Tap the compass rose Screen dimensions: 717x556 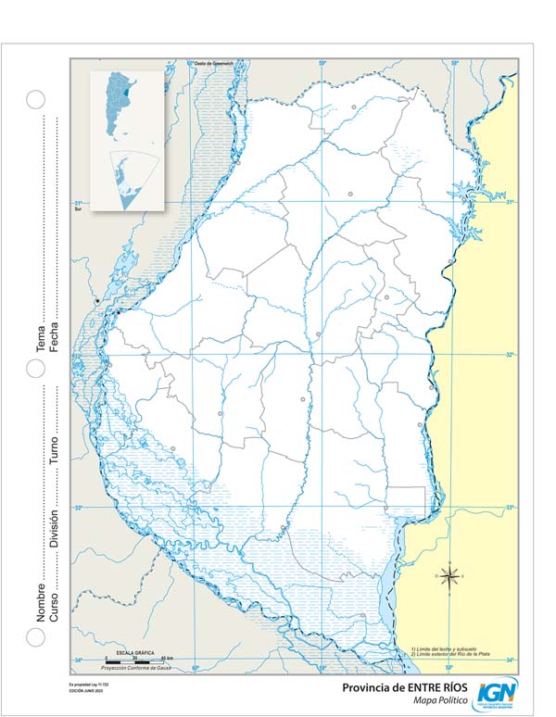tap(449, 577)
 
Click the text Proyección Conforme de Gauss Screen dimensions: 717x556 tap(137, 667)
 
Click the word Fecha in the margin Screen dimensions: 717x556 tap(54, 339)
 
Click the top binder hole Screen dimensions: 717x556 tap(35, 99)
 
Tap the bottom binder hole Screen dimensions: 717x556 tap(35, 636)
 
